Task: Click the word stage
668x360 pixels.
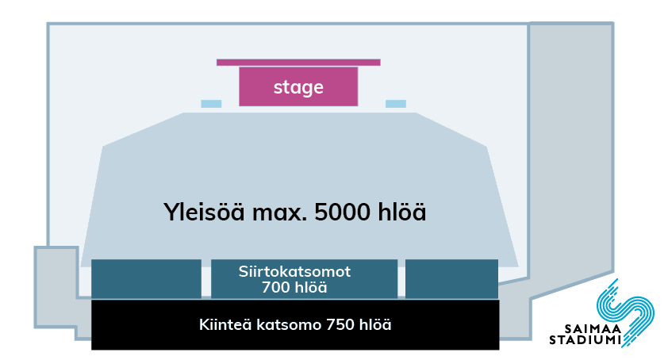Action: click(298, 88)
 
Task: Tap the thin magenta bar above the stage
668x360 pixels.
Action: click(298, 62)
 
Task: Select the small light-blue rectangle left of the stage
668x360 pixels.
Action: click(211, 104)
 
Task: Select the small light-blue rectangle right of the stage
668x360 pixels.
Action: click(396, 104)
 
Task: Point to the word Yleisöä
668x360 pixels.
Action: click(204, 212)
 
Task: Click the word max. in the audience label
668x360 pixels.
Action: click(279, 213)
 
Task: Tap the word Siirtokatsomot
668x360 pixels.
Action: click(294, 271)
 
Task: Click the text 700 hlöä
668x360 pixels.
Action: click(294, 288)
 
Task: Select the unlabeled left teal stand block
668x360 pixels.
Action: click(146, 278)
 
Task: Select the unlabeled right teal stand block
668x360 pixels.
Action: click(451, 278)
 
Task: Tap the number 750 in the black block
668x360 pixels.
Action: click(340, 324)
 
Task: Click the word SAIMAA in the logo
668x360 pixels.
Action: click(593, 329)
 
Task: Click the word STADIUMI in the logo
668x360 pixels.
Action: click(585, 340)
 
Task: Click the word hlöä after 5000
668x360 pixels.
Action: click(401, 212)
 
